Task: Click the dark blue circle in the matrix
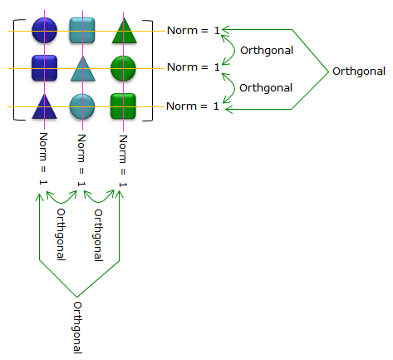pyautogui.click(x=44, y=30)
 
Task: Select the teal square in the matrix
pyautogui.click(x=82, y=30)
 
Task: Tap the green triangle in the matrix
pyautogui.click(x=125, y=31)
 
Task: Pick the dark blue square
pyautogui.click(x=44, y=68)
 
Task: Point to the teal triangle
pyautogui.click(x=83, y=69)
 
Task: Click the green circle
pyautogui.click(x=123, y=68)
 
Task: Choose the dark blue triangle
pyautogui.click(x=44, y=106)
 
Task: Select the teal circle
pyautogui.click(x=82, y=106)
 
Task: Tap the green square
pyautogui.click(x=123, y=106)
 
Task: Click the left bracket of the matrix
pyautogui.click(x=14, y=70)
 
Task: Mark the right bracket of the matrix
pyautogui.click(x=152, y=71)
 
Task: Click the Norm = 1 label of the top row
pyautogui.click(x=194, y=31)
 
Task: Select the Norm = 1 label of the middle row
pyautogui.click(x=194, y=67)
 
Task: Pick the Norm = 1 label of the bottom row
pyautogui.click(x=193, y=106)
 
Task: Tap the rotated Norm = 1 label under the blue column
pyautogui.click(x=43, y=159)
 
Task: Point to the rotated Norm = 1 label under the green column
pyautogui.click(x=123, y=160)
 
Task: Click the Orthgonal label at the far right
pyautogui.click(x=359, y=72)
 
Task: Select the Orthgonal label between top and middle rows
pyautogui.click(x=267, y=51)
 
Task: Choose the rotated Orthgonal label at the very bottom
pyautogui.click(x=77, y=328)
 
